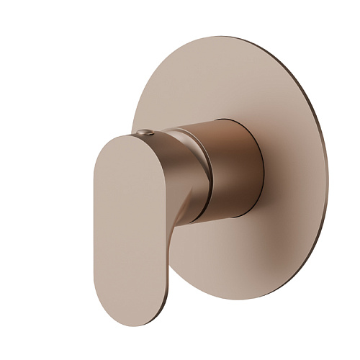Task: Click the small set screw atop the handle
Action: point(145,132)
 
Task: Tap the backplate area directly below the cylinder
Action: point(230,252)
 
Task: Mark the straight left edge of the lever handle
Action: point(95,216)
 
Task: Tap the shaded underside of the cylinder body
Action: point(230,205)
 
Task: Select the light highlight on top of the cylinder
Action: point(216,130)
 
